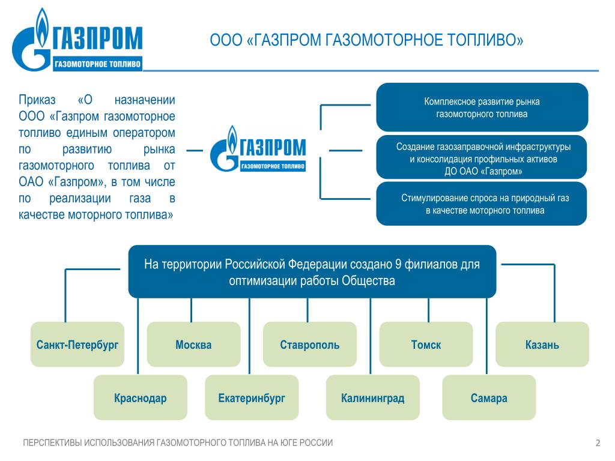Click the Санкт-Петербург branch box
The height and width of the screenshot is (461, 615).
[x=77, y=344]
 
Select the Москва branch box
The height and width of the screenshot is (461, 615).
[x=193, y=344]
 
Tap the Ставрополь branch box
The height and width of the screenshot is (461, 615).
[x=310, y=344]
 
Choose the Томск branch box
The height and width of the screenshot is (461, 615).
[x=426, y=344]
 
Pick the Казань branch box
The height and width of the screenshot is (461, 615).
[x=542, y=344]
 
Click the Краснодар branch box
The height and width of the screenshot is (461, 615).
[x=141, y=397]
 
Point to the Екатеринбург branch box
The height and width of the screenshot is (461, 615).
[x=252, y=397]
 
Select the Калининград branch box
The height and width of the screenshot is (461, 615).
[x=372, y=397]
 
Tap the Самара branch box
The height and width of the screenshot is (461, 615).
[x=489, y=397]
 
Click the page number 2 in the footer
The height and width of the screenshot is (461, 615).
[x=598, y=443]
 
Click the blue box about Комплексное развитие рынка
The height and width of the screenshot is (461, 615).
[x=482, y=107]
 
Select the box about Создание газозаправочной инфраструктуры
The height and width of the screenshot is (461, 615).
[x=482, y=157]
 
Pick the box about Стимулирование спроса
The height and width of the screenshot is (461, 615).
[x=482, y=203]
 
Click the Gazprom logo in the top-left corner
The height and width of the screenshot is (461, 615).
[x=77, y=40]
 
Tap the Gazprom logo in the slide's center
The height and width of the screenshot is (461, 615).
[x=258, y=149]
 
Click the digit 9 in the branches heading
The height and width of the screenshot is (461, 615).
[x=398, y=264]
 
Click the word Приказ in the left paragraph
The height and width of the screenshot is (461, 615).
[x=37, y=100]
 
